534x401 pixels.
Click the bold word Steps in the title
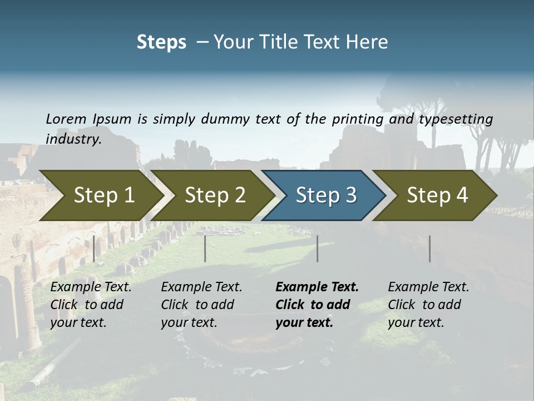(161, 42)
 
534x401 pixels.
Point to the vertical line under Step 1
(94, 248)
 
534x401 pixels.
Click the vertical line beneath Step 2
(205, 248)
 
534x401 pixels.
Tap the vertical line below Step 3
(318, 248)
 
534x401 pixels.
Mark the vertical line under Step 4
(429, 248)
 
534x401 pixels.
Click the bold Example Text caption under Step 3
(317, 305)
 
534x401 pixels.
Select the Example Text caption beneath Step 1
(91, 305)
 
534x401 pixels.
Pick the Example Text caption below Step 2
(201, 305)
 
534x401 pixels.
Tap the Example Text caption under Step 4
(428, 305)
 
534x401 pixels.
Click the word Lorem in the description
(66, 119)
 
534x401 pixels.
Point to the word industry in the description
(73, 139)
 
